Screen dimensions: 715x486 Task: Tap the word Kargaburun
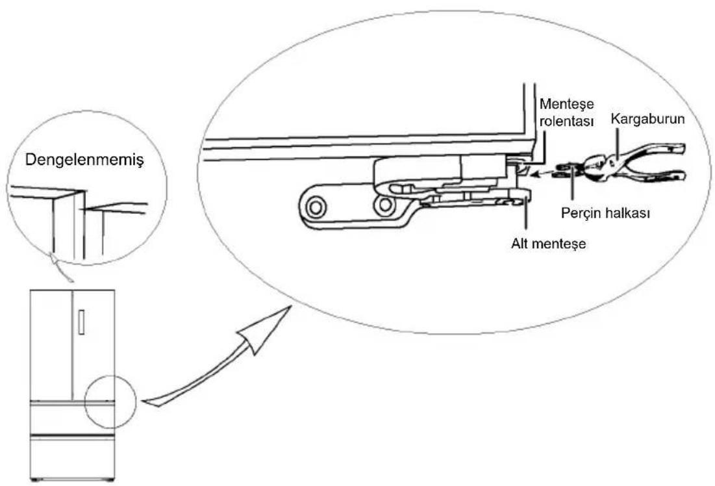click(x=647, y=119)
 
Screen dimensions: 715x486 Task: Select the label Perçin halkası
click(x=605, y=213)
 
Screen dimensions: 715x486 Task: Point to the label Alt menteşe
click(x=548, y=244)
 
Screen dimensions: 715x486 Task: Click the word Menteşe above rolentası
click(x=567, y=104)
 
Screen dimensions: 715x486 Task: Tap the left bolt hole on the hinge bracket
click(x=314, y=208)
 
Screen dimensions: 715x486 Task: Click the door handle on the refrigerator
click(x=82, y=322)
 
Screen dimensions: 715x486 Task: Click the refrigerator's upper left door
click(x=51, y=344)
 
